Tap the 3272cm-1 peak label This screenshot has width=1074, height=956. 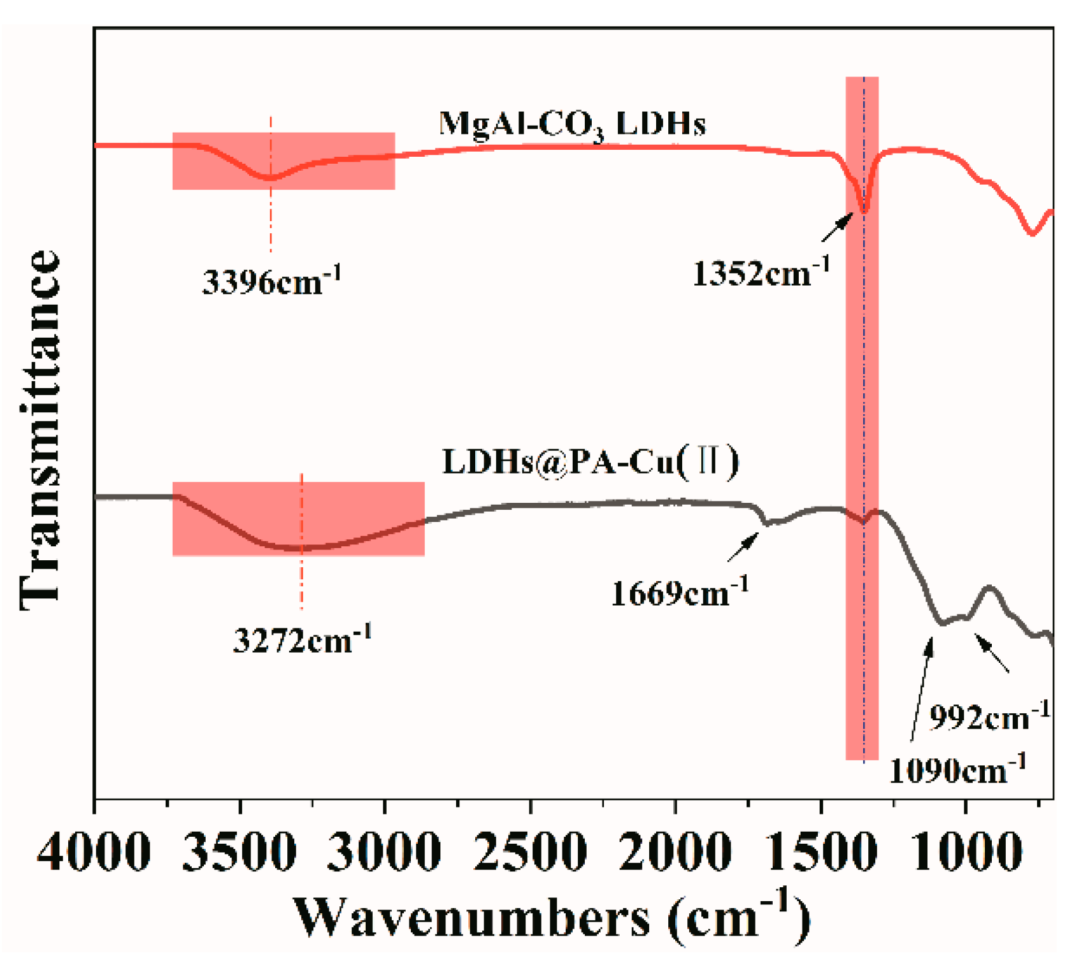pos(302,639)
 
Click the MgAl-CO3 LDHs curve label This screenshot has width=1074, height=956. pos(572,124)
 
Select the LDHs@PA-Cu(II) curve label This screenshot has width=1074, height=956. pos(591,461)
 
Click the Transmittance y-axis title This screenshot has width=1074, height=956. pos(39,431)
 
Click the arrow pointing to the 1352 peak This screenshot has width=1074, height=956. pos(837,228)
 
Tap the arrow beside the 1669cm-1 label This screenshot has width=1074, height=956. pos(743,547)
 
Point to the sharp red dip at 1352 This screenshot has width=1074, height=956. pos(864,207)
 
